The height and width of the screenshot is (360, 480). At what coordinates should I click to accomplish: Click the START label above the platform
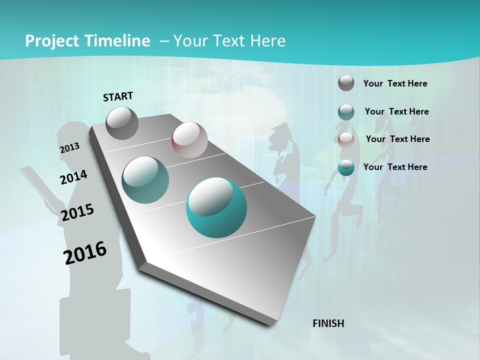point(118,96)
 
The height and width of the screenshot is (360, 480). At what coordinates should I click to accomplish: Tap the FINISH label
point(328,323)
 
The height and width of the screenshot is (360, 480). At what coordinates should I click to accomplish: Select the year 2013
point(70,147)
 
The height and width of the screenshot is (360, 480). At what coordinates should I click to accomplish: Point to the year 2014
point(73,177)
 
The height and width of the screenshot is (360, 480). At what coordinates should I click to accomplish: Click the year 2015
point(77,212)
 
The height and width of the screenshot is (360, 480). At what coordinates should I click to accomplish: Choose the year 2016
point(85,252)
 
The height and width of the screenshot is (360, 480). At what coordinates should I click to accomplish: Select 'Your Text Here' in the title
point(229,41)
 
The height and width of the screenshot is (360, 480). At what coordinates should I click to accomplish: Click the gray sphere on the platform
point(122,123)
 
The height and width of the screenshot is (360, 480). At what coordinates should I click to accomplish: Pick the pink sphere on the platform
point(189,140)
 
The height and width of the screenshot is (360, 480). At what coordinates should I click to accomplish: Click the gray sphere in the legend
point(346,83)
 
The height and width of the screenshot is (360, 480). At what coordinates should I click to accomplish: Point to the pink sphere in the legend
point(346,139)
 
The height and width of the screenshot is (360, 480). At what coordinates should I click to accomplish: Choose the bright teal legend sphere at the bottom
point(346,167)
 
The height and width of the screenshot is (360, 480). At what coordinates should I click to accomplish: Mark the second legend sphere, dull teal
point(346,111)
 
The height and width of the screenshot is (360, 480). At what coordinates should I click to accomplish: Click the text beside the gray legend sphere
point(395,83)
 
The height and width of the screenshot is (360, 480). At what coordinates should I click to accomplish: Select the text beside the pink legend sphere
point(397,139)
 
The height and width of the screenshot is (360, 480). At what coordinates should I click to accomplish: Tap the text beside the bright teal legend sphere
point(395,167)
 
